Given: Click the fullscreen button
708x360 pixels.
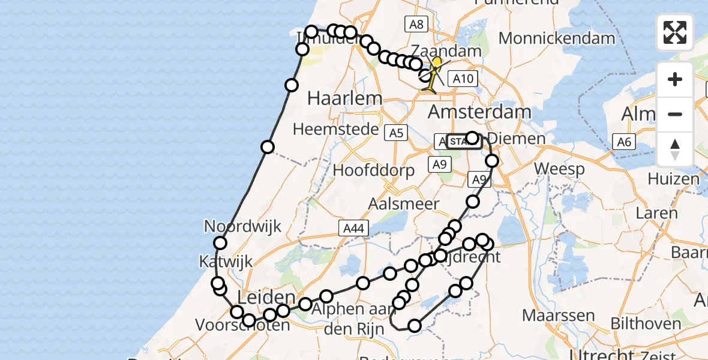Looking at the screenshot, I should pos(675,32).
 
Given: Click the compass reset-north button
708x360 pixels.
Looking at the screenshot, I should pos(675,149).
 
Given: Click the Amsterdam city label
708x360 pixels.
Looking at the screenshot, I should pos(479,112).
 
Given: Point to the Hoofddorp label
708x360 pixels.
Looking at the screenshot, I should pos(373,170).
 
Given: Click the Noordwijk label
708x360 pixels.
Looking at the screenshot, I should pos(242,227).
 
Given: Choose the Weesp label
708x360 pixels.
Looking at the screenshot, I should pos(559,169).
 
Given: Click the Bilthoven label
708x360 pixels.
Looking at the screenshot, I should pos(646,324).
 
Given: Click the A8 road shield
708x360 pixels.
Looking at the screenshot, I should pos(416,24).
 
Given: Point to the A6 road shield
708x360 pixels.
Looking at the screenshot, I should pos(623,142).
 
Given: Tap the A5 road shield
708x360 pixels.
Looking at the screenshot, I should pos(396,133).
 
